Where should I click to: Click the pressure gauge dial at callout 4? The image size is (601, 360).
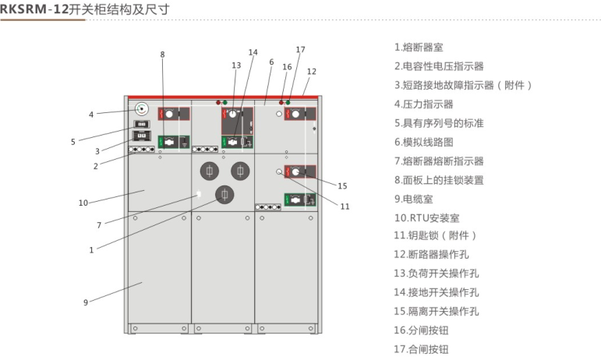pos(142,109)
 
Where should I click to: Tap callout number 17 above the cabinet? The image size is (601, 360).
pos(300,49)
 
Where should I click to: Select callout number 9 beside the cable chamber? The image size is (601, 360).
pos(85,302)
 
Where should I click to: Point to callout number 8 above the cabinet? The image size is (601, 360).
pos(162,55)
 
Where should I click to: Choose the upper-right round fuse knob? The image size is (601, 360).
pos(240,170)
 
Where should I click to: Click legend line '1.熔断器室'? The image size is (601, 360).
pos(419,48)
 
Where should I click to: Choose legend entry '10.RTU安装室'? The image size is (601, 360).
pos(426,217)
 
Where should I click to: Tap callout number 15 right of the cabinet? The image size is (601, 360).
pos(342,185)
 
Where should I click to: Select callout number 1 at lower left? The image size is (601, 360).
pos(91,250)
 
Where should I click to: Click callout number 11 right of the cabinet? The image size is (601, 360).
pos(345,206)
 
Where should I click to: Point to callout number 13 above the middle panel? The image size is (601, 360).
pos(236,65)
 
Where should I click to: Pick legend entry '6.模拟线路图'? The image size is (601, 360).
pos(423,142)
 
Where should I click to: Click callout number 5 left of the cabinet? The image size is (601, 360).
pos(73,141)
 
